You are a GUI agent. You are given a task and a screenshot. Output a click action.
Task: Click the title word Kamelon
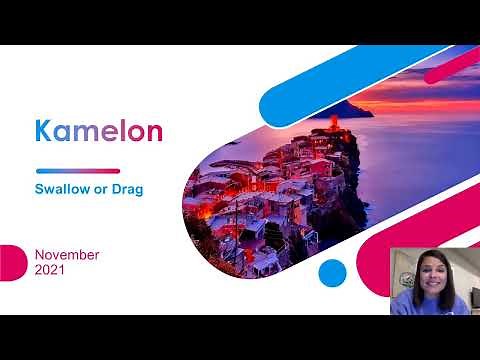click(98, 132)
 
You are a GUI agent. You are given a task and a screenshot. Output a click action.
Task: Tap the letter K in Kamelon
click(43, 132)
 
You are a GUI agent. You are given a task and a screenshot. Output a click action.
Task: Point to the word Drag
click(142, 188)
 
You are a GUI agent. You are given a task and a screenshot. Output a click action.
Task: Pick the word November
click(67, 254)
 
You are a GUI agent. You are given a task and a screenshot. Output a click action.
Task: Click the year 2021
click(50, 270)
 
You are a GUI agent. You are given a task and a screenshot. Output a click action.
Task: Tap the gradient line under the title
click(77, 170)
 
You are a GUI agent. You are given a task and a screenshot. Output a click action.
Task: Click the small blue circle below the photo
click(333, 272)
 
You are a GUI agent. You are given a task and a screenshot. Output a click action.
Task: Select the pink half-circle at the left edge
click(9, 262)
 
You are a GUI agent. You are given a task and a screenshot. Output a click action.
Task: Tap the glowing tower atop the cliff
click(333, 125)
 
